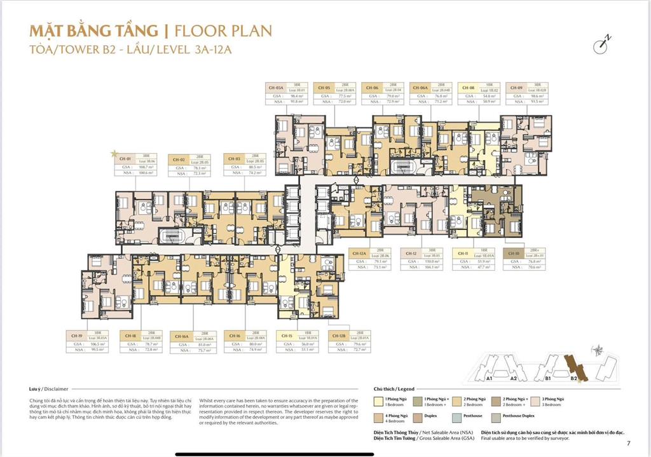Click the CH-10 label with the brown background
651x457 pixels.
click(x=514, y=253)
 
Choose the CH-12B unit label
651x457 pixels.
click(x=338, y=335)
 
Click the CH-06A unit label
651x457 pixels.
click(x=419, y=88)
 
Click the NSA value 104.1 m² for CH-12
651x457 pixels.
click(x=432, y=268)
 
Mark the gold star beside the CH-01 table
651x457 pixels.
click(x=114, y=153)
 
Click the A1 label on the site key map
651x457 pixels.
click(x=490, y=378)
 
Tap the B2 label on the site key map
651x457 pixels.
click(x=573, y=378)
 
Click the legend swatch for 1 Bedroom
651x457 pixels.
click(x=379, y=400)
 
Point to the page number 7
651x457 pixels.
click(x=628, y=443)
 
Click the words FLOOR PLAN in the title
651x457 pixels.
click(x=222, y=30)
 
